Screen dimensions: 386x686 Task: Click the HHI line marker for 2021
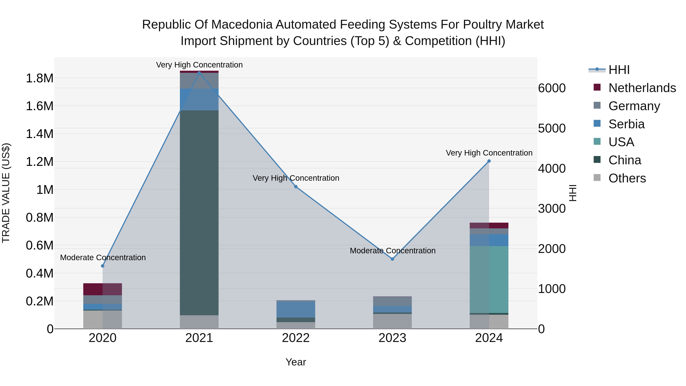(199, 73)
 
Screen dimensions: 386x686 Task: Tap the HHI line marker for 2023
(392, 259)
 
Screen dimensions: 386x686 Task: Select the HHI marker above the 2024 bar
(489, 161)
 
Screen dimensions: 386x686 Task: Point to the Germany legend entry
(634, 106)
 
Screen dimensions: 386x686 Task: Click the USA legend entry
(621, 142)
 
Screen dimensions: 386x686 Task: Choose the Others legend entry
(627, 178)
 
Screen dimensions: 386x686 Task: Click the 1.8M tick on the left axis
(39, 78)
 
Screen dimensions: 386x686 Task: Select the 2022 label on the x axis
(296, 338)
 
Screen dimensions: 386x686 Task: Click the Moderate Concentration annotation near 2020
(103, 258)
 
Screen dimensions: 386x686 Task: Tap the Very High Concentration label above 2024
(489, 153)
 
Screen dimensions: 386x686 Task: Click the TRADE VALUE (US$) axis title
(6, 193)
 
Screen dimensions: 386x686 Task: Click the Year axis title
(296, 362)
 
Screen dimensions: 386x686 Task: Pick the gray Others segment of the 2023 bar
(392, 321)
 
